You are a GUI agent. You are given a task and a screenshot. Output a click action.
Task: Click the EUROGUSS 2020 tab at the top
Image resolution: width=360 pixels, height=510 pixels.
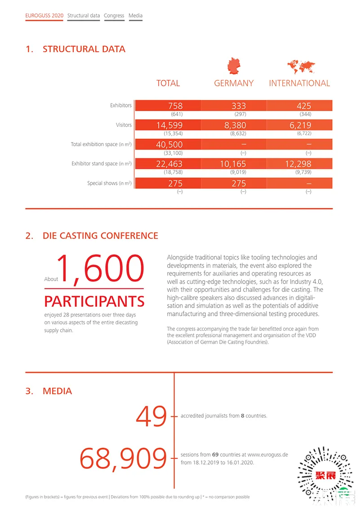point(44,16)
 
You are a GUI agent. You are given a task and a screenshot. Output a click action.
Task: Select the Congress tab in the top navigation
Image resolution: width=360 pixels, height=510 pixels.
point(114,16)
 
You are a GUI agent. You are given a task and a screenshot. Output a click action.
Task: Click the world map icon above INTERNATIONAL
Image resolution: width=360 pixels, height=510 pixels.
point(301,67)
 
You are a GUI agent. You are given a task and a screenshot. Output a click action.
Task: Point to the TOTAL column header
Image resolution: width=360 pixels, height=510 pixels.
point(168,83)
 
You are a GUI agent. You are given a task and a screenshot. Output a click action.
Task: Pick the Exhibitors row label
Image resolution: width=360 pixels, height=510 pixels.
point(121,106)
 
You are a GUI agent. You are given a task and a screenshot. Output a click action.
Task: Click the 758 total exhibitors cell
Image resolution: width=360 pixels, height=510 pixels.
point(175,106)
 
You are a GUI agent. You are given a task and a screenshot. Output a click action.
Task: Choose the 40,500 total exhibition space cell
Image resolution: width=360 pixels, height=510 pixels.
point(169,144)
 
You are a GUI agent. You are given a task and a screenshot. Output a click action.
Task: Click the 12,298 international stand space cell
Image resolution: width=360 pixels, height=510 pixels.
point(298,164)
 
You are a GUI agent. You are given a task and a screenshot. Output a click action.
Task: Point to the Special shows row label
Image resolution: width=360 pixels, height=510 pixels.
point(109,183)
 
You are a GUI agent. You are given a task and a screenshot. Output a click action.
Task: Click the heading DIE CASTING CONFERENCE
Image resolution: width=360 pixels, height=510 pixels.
point(100,236)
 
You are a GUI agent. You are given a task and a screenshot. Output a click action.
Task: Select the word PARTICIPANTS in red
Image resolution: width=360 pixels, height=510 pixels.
point(94,301)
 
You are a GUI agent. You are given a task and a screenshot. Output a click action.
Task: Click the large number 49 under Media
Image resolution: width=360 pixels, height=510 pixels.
point(151,416)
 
